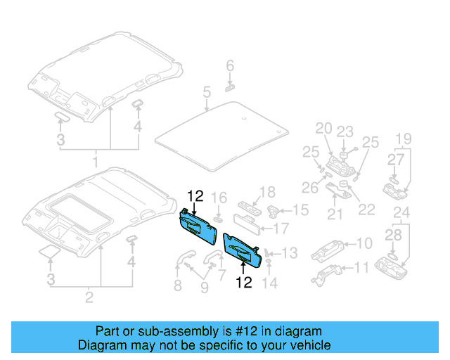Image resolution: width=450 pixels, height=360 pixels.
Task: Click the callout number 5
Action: pyautogui.click(x=207, y=92)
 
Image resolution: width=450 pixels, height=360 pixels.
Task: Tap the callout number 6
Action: pyautogui.click(x=230, y=66)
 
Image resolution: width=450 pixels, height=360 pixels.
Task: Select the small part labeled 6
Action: pyautogui.click(x=230, y=87)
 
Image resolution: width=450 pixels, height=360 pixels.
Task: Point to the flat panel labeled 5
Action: pyautogui.click(x=218, y=134)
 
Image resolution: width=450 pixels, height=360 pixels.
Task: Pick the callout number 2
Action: pyautogui.click(x=89, y=297)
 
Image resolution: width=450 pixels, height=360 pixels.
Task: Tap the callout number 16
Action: pyautogui.click(x=219, y=197)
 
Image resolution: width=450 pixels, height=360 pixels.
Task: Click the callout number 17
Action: pyautogui.click(x=281, y=228)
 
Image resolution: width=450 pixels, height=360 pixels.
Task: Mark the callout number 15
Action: pyautogui.click(x=300, y=210)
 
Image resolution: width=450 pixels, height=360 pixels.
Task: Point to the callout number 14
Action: pyautogui.click(x=270, y=283)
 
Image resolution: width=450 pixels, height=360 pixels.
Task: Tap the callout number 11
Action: pyautogui.click(x=361, y=267)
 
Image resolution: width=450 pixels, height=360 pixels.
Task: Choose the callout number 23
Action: pyautogui.click(x=344, y=131)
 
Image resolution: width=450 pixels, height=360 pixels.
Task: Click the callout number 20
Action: pyautogui.click(x=323, y=128)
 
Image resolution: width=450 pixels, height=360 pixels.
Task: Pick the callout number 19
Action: pyautogui.click(x=402, y=138)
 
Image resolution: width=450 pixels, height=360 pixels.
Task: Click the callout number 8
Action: pyautogui.click(x=177, y=285)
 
